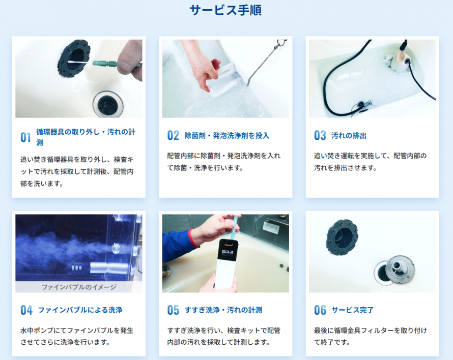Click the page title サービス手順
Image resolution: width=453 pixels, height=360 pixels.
pyautogui.click(x=225, y=10)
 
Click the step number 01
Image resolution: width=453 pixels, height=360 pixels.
pyautogui.click(x=26, y=137)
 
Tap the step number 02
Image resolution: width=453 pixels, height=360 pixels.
pyautogui.click(x=173, y=135)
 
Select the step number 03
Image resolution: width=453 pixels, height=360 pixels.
pyautogui.click(x=320, y=135)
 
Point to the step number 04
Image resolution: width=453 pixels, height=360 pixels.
pyautogui.click(x=26, y=310)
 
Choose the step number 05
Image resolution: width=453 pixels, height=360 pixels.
pyautogui.click(x=173, y=310)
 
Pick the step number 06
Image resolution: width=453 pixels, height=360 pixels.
pyautogui.click(x=320, y=310)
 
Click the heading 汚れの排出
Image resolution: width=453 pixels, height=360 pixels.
pyautogui.click(x=349, y=136)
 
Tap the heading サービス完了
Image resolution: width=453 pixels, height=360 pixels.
pyautogui.click(x=352, y=310)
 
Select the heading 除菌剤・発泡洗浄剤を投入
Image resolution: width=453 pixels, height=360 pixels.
pyautogui.click(x=227, y=136)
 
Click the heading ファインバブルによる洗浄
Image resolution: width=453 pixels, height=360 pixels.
pyautogui.click(x=80, y=310)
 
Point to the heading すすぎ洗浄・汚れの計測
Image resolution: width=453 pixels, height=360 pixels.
pyautogui.click(x=223, y=310)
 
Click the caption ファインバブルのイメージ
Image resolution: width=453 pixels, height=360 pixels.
pyautogui.click(x=79, y=287)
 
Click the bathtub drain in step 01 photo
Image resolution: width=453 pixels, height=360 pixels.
pyautogui.click(x=108, y=104)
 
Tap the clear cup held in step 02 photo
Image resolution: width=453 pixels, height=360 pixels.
pyautogui.click(x=224, y=79)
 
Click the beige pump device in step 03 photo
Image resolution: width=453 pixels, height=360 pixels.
pyautogui.click(x=397, y=59)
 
